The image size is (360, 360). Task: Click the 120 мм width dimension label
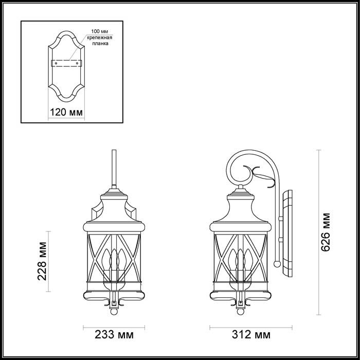pos(65,113)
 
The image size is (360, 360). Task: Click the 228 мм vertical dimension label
pos(44,261)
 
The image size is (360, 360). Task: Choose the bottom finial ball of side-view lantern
pos(239,312)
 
